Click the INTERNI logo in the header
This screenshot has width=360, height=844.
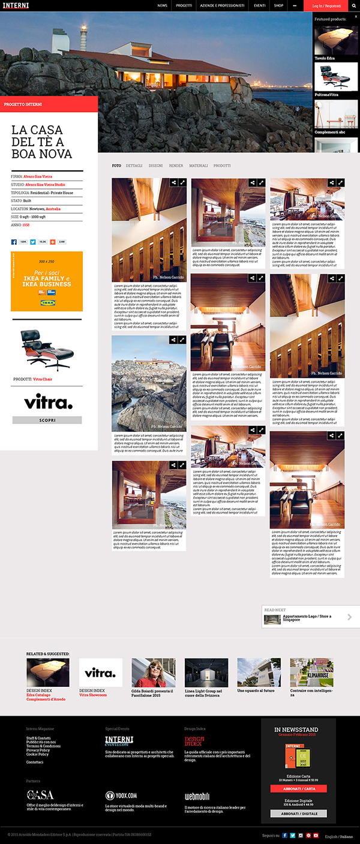[15, 5]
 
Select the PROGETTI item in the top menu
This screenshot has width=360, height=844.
[184, 5]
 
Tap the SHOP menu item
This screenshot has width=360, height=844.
[278, 5]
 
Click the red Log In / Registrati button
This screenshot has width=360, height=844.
[326, 6]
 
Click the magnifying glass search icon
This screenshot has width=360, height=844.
[354, 5]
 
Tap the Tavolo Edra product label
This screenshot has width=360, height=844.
[325, 58]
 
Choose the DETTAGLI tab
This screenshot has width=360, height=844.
[134, 166]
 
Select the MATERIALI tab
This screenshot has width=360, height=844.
[198, 166]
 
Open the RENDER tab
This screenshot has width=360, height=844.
[176, 166]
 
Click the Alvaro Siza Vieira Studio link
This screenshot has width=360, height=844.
[44, 185]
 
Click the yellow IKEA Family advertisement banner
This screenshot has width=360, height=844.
[47, 281]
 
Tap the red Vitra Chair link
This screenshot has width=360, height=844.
[43, 379]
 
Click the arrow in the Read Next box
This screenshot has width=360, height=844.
[350, 617]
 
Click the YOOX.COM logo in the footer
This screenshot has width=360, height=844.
[121, 795]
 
